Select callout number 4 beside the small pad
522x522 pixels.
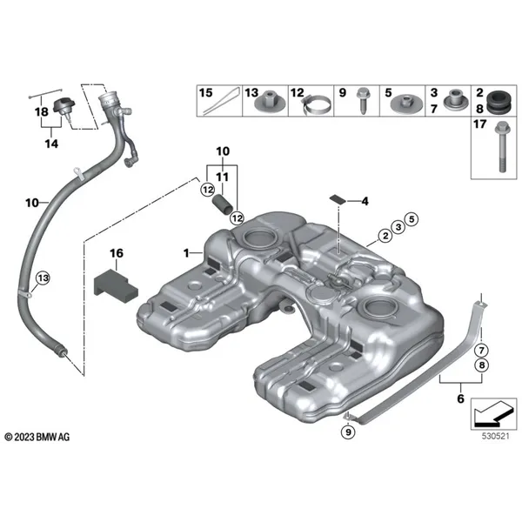pos(365,202)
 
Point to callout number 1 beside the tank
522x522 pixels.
pos(185,252)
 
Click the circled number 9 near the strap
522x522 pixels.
pos(348,432)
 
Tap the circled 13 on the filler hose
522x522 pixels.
pos(40,278)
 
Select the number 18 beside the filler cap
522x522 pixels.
pos(40,113)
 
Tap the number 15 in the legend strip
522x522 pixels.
pos(205,91)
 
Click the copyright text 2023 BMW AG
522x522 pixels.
pos(41,435)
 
